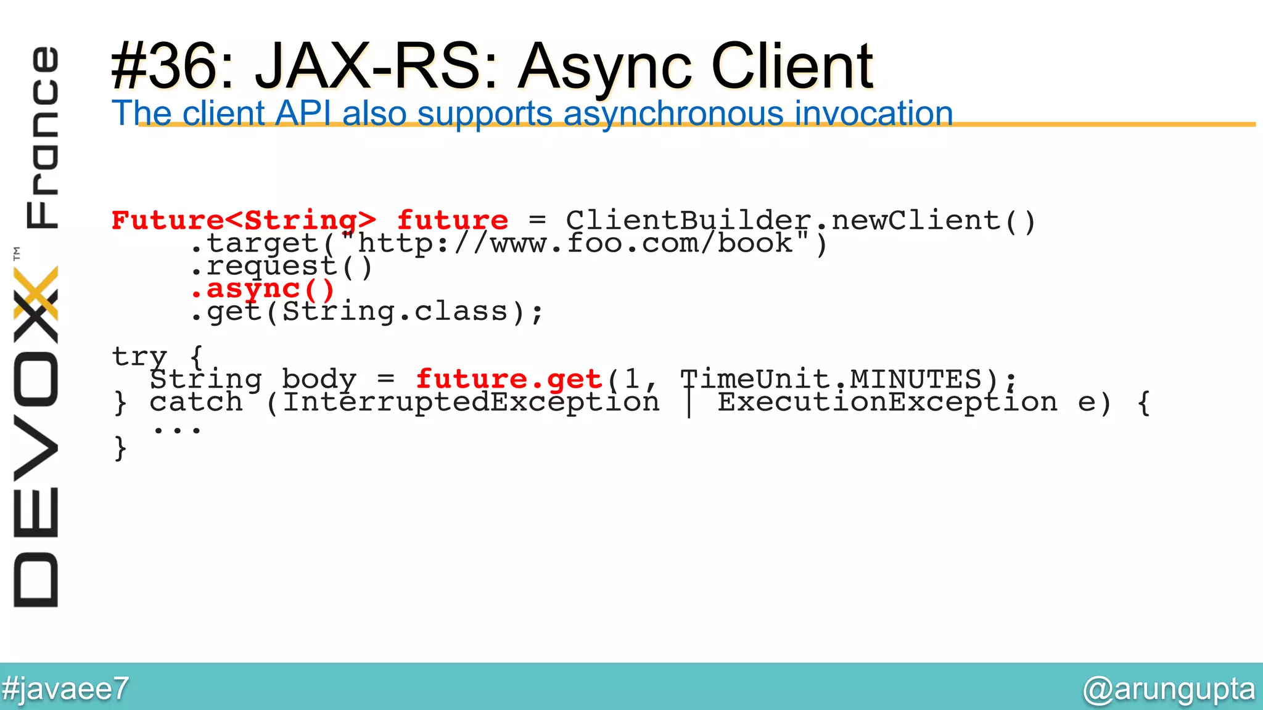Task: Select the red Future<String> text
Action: point(244,221)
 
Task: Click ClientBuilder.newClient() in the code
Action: point(800,221)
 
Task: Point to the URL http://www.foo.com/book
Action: point(575,243)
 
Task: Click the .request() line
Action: point(281,266)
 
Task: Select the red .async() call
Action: point(263,289)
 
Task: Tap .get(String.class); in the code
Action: point(366,312)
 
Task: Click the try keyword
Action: point(139,357)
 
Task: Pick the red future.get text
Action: point(509,380)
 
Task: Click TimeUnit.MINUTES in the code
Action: point(830,380)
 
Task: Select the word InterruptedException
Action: point(471,402)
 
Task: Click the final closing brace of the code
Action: point(120,448)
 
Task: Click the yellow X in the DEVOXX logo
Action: point(36,293)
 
